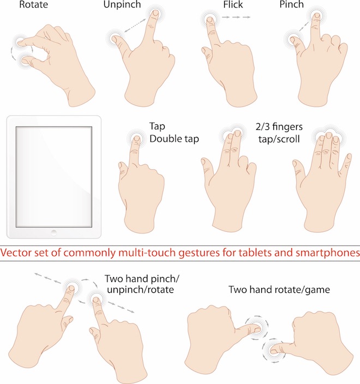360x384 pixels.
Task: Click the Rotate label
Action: coord(33,4)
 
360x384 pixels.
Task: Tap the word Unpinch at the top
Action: coord(122,4)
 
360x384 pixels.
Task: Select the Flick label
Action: coord(233,4)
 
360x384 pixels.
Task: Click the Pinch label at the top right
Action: coord(291,4)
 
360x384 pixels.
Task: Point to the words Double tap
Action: coord(174,139)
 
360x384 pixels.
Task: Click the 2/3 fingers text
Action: coord(279,127)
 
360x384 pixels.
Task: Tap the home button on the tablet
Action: coord(53,232)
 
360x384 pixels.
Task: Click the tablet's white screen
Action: coord(54,176)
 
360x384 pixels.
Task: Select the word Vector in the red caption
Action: coord(16,253)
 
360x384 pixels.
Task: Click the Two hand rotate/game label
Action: coord(279,290)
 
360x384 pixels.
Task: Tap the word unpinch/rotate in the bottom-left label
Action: coord(140,290)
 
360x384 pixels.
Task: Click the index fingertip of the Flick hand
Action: coord(209,19)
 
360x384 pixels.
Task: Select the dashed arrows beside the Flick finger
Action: coord(236,17)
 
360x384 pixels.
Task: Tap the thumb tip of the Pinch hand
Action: coord(293,39)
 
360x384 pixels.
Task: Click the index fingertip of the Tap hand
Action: coord(137,139)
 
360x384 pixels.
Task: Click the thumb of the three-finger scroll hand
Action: coord(298,165)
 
